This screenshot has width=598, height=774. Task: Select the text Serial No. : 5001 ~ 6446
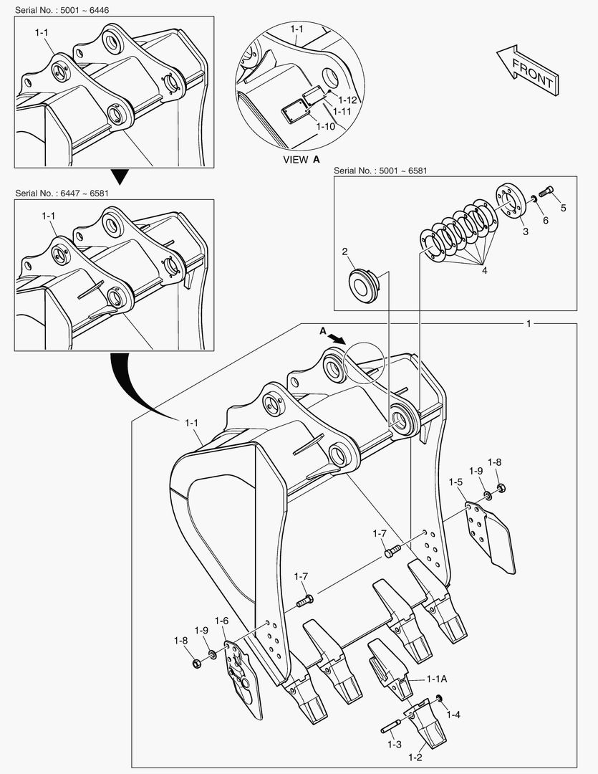point(57,8)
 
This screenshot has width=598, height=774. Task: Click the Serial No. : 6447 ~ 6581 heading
point(57,193)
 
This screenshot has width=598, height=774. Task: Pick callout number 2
point(344,252)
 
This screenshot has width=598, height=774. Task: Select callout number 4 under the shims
point(485,270)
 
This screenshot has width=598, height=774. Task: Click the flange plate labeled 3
point(511,203)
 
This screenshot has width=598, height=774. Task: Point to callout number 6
point(545,221)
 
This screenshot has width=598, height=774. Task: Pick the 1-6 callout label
point(221,621)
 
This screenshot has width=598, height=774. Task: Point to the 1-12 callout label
point(348,100)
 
